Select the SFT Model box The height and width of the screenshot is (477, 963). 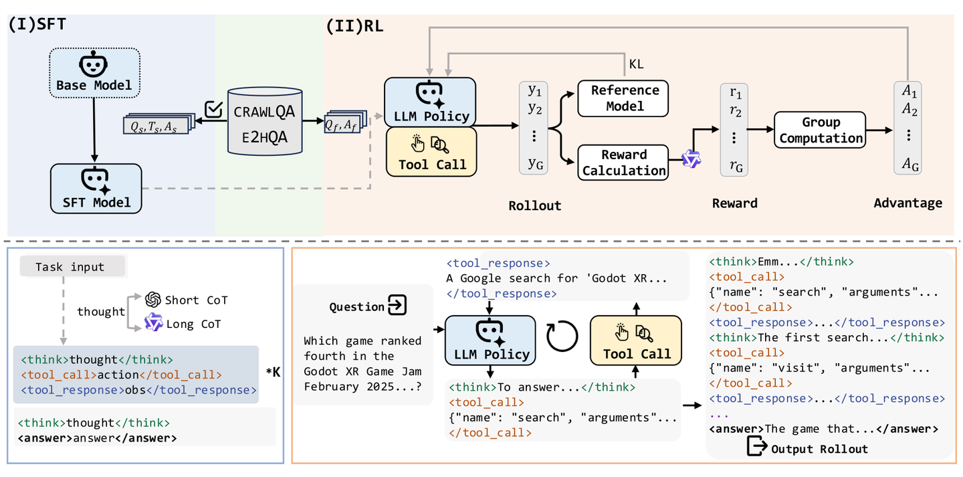click(96, 188)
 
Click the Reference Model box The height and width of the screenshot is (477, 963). click(623, 98)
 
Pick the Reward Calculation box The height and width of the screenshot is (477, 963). click(623, 162)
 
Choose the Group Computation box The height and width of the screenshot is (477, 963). click(820, 130)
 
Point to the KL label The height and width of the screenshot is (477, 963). click(636, 64)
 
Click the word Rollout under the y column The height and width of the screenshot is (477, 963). click(534, 205)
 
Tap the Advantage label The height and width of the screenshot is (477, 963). click(907, 203)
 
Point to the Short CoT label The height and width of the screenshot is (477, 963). click(196, 300)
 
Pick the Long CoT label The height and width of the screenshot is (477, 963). click(193, 324)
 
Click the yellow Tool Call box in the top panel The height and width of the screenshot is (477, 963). click(432, 153)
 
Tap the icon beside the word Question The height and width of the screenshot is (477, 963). click(397, 306)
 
